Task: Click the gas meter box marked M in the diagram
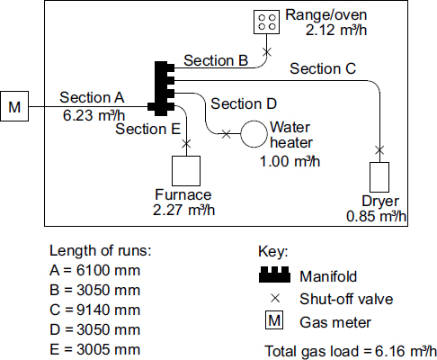[14, 108]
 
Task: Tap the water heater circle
[253, 134]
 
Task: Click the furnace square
[186, 169]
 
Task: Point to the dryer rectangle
[379, 176]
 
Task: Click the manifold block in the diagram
[163, 87]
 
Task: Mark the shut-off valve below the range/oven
[266, 50]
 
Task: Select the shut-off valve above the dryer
[379, 148]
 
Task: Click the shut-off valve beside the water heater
[225, 134]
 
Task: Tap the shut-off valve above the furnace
[186, 142]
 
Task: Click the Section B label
[216, 61]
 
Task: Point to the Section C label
[323, 68]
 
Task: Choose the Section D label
[244, 103]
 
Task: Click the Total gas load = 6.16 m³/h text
[351, 349]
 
